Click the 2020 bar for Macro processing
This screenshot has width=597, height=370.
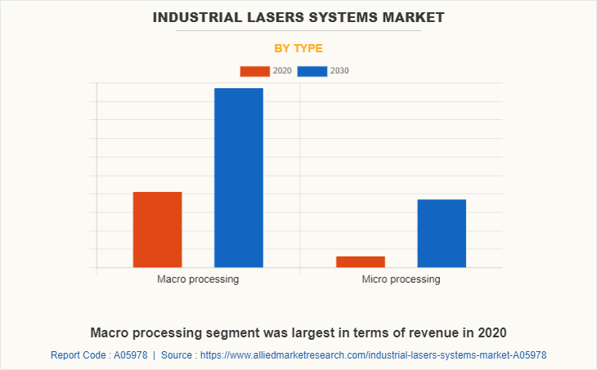pos(157,230)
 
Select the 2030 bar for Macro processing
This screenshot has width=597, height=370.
pos(239,177)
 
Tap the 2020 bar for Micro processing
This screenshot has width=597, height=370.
pos(360,261)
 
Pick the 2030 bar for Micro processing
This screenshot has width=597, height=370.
pos(442,233)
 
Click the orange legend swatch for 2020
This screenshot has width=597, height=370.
pos(254,71)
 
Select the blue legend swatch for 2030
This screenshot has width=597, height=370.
pos(312,71)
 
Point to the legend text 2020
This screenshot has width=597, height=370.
pos(282,71)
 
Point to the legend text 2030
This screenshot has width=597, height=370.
pos(339,71)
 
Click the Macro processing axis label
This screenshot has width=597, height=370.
pos(198,279)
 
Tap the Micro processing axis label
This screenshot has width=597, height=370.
pos(401,279)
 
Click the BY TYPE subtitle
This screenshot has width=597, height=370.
pos(298,48)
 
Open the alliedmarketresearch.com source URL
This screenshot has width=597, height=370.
pos(373,355)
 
